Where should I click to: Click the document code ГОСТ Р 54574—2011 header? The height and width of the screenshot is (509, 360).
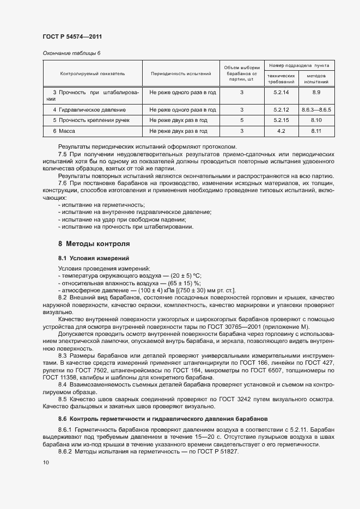72,36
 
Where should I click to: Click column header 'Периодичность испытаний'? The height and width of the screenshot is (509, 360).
181,72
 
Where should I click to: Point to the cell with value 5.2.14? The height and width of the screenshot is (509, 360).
281,93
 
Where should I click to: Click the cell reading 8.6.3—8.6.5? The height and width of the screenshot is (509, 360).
316,109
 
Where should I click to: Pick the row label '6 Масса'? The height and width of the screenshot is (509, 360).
64,131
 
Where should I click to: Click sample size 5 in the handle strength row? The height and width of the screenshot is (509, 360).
242,120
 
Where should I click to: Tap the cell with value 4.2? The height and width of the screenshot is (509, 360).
281,131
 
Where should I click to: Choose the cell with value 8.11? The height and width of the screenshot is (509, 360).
316,131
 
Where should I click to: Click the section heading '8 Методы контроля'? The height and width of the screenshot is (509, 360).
94,243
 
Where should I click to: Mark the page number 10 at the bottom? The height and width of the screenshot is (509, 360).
46,462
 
